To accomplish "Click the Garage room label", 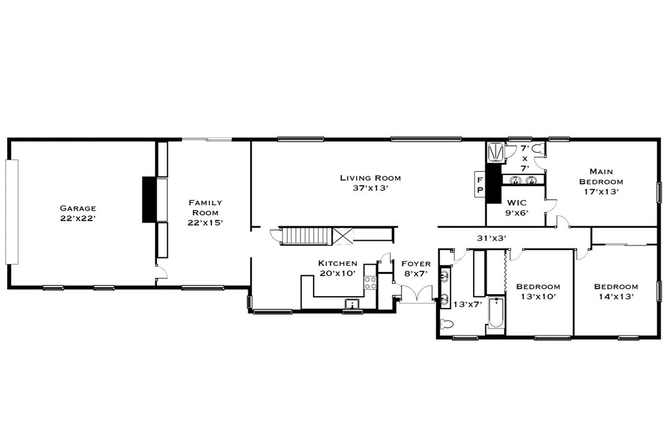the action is point(78,208).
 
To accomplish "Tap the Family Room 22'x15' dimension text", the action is point(206,222).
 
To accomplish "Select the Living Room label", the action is point(370,178).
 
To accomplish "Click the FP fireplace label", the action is point(480,185).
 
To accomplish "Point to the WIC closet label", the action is point(516,203).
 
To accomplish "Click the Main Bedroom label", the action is point(601,176).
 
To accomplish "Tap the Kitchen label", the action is point(337,263).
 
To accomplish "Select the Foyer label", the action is point(416,264).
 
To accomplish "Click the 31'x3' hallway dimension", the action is point(491,239).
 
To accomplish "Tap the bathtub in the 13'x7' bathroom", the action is point(496,313).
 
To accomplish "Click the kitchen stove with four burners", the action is point(370,282).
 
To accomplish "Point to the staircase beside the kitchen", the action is point(308,236).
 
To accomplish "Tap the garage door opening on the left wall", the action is point(12,212).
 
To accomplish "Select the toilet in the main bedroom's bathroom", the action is point(539,149).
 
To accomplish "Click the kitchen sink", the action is point(352,303).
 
